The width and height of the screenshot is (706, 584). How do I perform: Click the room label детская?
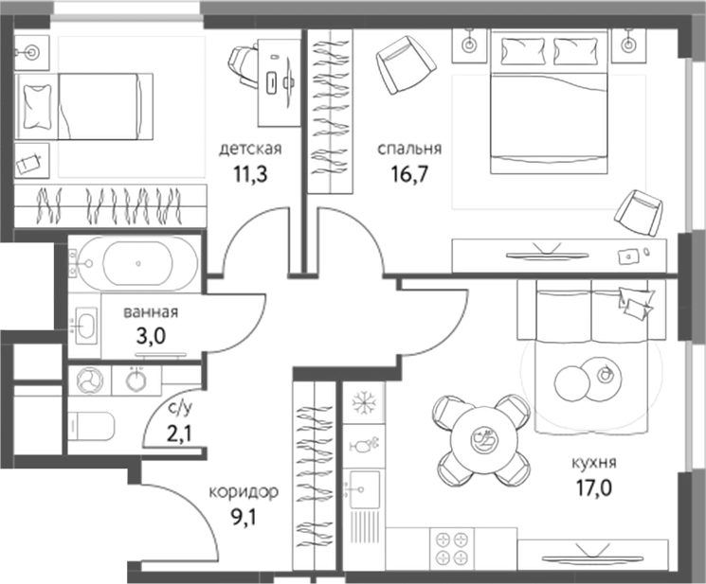(250, 149)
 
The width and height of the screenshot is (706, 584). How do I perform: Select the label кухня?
(594, 464)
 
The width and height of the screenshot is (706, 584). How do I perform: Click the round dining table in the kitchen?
(482, 438)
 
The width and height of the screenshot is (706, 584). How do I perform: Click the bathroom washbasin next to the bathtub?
(87, 326)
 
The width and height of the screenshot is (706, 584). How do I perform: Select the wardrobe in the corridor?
(312, 473)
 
